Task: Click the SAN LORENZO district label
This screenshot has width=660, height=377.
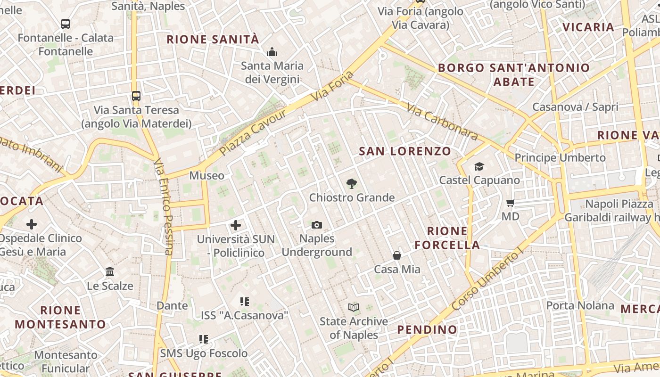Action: (x=405, y=151)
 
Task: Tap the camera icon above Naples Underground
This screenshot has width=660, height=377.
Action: (x=317, y=225)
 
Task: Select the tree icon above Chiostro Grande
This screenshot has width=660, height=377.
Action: (x=351, y=184)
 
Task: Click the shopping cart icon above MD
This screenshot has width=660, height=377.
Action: (x=510, y=203)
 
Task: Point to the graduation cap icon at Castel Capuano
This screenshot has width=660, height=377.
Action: (x=479, y=166)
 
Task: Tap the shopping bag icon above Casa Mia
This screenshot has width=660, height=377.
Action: (x=397, y=255)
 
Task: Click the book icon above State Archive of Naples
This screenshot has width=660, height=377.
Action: (x=354, y=308)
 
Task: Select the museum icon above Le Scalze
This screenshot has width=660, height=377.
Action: (x=110, y=272)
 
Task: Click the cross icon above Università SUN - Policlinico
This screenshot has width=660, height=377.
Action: (x=235, y=225)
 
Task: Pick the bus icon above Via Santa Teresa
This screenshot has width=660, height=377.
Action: (x=136, y=96)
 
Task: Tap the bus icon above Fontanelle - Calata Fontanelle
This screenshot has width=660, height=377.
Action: (x=66, y=24)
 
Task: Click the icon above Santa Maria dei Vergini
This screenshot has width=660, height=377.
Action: (x=272, y=52)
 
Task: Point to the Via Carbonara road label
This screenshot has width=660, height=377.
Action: (x=442, y=122)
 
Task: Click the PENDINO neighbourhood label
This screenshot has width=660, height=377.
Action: (x=427, y=329)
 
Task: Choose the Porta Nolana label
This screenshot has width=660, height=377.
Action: (x=580, y=305)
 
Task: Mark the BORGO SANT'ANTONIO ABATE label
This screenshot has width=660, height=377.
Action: (x=514, y=74)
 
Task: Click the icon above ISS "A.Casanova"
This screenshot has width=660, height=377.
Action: (x=244, y=301)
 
